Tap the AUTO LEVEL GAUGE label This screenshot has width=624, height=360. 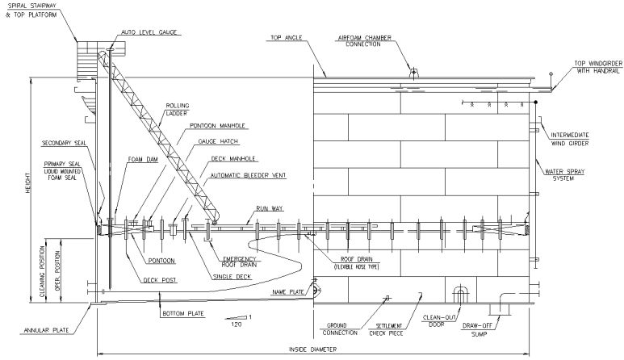click(150, 32)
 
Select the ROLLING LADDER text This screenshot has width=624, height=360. click(178, 109)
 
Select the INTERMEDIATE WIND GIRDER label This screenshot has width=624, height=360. click(572, 139)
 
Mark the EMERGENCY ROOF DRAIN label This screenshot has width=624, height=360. click(238, 264)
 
